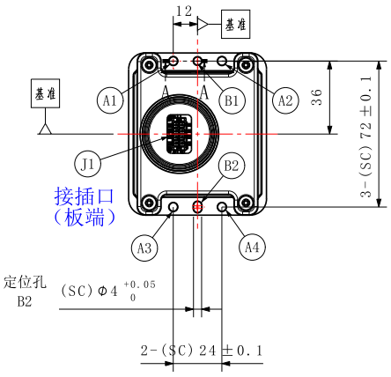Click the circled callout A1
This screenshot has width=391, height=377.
[x=110, y=100]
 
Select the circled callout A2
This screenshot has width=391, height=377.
[x=285, y=100]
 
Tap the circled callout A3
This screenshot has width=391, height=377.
[x=144, y=248]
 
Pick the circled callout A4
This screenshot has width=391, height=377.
[x=252, y=248]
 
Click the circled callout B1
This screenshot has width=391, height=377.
[x=232, y=100]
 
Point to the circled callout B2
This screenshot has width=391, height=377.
[x=232, y=166]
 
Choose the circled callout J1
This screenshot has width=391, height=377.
[x=87, y=164]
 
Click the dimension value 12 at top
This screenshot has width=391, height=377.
[x=184, y=11]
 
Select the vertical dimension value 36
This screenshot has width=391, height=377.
[x=317, y=97]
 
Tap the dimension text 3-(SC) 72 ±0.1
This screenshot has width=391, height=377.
[x=365, y=137]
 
